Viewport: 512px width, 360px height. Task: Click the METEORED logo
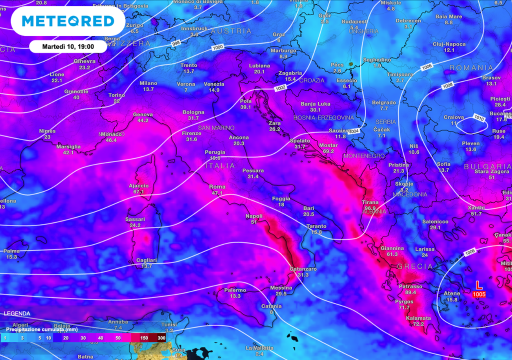(x=68, y=21)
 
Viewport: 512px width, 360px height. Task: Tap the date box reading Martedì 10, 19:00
(x=68, y=46)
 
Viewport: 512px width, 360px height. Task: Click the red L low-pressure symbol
(x=478, y=285)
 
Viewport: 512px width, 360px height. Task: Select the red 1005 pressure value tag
(x=478, y=294)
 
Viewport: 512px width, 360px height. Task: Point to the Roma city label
(x=217, y=186)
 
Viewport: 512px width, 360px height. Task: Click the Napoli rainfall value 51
(x=253, y=222)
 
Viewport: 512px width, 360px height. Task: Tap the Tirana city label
(x=370, y=202)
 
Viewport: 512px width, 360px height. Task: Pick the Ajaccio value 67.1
(x=138, y=191)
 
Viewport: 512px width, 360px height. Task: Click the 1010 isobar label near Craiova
(x=479, y=118)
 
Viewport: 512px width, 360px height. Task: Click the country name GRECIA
(x=414, y=266)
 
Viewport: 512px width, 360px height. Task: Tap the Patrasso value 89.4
(x=411, y=292)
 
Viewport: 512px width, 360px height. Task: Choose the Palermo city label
(x=234, y=290)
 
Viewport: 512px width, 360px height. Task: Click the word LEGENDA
(x=16, y=313)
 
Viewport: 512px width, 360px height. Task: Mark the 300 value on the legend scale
(x=161, y=338)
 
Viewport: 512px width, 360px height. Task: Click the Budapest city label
(x=354, y=21)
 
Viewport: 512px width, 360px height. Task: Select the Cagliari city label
(x=146, y=260)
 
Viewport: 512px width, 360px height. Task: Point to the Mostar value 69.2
(x=328, y=151)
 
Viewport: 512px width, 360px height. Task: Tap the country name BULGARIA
(x=487, y=166)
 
